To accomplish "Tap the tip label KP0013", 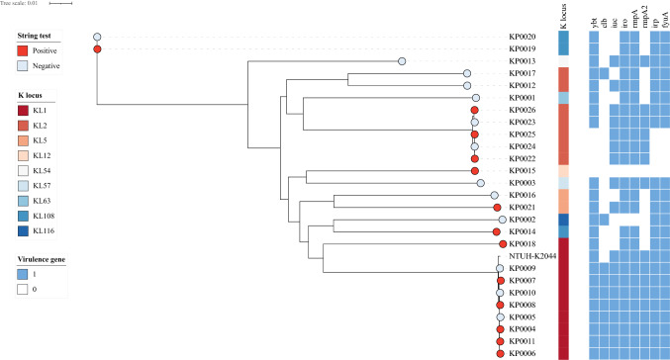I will tap(523, 61).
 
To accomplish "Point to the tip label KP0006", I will tap(523, 353).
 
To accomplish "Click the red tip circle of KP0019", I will tap(97, 49).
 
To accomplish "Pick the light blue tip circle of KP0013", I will tap(402, 61).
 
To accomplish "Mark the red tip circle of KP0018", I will tap(503, 243).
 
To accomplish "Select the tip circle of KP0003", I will tap(480, 183).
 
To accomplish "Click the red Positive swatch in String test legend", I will tap(24, 48).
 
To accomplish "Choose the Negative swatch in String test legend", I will tap(24, 65).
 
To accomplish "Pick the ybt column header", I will tap(595, 17).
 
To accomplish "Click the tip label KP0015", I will tap(523, 171).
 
